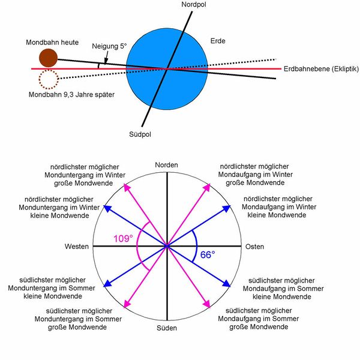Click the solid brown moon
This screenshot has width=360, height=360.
48,58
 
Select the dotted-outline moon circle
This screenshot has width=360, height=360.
47,79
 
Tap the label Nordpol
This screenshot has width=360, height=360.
194,5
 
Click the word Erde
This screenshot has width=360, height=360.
218,41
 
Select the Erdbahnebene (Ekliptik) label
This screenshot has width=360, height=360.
319,68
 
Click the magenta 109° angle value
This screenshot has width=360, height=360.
124,239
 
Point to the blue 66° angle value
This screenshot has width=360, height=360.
208,254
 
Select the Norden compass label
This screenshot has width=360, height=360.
167,165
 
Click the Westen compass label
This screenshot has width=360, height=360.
77,247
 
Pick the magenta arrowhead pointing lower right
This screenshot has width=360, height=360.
209,305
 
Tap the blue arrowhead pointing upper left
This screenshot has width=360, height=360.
107,208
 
